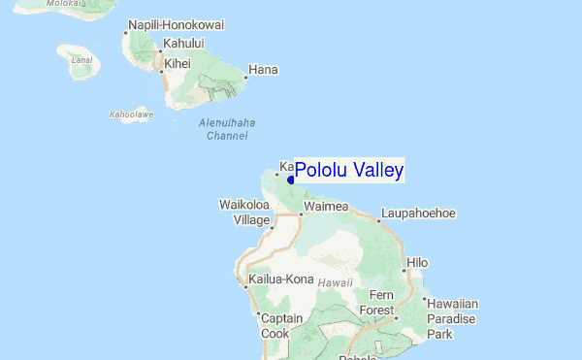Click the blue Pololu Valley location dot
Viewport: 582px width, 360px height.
291,180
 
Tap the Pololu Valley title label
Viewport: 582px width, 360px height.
349,171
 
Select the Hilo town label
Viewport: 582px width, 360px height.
417,262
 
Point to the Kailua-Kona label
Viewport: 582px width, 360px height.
281,279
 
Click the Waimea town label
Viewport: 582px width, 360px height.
326,207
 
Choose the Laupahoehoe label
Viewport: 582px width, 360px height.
418,213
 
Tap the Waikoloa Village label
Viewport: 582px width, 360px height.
243,213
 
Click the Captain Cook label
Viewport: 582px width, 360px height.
281,326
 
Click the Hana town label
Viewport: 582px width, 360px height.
264,70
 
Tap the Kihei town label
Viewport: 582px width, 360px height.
178,64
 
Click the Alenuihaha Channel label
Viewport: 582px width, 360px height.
222,129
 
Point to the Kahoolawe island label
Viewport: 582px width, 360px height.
131,115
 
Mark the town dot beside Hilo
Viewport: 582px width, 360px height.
405,263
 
